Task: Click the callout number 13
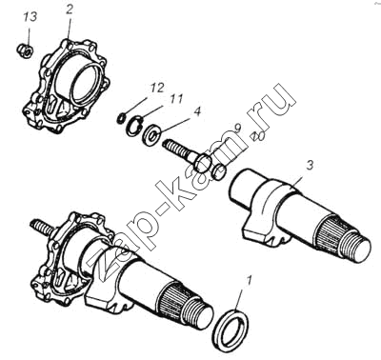[30, 17]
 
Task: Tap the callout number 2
[70, 10]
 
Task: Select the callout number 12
[157, 88]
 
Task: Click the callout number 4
[197, 111]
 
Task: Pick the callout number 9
[237, 129]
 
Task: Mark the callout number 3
[310, 166]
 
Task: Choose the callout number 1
[250, 281]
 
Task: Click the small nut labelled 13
[25, 50]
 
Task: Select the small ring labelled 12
[121, 118]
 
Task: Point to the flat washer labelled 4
[152, 134]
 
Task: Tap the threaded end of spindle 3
[356, 247]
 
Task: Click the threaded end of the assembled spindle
[199, 314]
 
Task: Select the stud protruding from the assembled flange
[40, 228]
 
